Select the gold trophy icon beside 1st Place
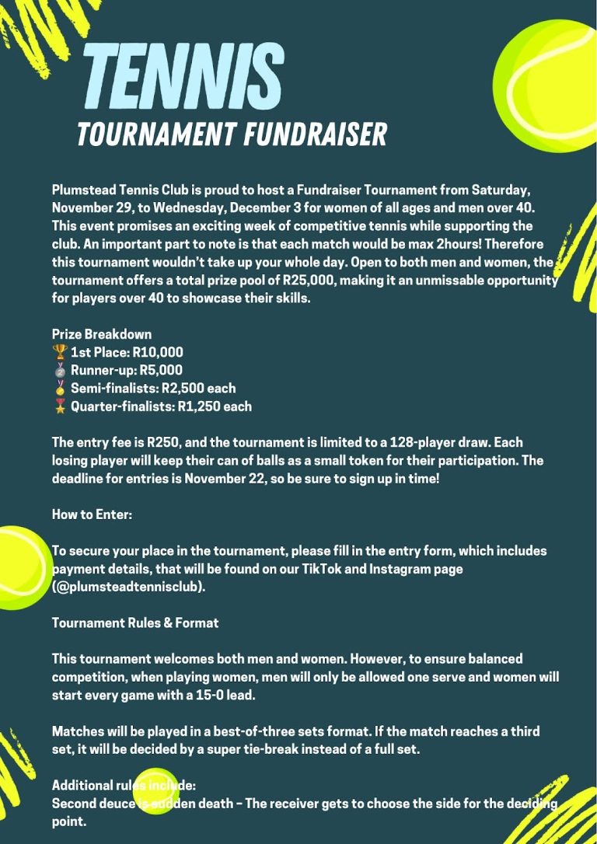tap(59, 352)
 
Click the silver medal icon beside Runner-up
tap(59, 370)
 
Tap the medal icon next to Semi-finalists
tap(59, 388)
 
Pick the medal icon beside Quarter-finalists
tap(59, 406)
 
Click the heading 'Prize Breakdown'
tap(102, 334)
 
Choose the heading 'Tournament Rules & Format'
tap(135, 623)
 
